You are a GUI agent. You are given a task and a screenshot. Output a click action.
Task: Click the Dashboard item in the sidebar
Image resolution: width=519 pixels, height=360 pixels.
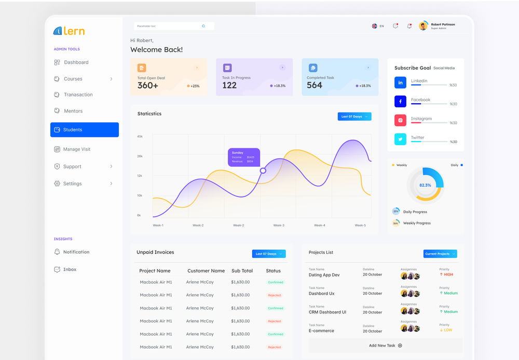click(76, 62)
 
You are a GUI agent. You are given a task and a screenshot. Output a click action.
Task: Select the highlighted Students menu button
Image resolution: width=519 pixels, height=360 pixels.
click(85, 130)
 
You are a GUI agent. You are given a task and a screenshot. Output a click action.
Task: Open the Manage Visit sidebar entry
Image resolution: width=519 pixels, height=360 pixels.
click(76, 149)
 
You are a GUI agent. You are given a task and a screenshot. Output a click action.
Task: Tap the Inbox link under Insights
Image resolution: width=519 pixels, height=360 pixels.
click(70, 270)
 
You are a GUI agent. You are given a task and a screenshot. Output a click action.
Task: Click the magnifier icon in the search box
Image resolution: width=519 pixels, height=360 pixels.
click(203, 26)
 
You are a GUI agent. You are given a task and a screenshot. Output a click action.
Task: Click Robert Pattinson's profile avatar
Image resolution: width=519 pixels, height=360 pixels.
click(423, 26)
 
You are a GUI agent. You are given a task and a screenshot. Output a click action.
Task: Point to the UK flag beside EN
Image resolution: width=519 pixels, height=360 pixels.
click(374, 26)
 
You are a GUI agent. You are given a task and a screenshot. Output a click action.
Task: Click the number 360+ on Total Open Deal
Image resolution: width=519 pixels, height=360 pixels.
click(148, 86)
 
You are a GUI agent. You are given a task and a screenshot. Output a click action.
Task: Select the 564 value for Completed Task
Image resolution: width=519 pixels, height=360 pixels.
click(315, 86)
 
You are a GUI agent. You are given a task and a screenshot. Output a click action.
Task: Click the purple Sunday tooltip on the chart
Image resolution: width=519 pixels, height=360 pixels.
click(244, 157)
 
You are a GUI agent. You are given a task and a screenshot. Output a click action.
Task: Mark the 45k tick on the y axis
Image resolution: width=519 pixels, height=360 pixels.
click(140, 136)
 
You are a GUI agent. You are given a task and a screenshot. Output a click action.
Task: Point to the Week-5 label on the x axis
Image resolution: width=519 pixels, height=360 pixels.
click(360, 226)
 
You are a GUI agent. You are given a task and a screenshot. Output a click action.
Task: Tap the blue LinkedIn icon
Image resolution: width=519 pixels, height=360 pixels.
click(400, 82)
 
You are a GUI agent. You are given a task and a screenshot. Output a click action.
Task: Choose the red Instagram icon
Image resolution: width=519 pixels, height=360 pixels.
click(400, 120)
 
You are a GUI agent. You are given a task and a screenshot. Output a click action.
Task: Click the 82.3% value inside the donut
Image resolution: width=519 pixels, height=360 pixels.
click(425, 185)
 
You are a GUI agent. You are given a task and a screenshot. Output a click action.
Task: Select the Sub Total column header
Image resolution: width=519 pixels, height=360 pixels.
click(242, 271)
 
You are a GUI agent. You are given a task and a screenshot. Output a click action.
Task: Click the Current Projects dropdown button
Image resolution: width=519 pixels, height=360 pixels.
click(440, 254)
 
